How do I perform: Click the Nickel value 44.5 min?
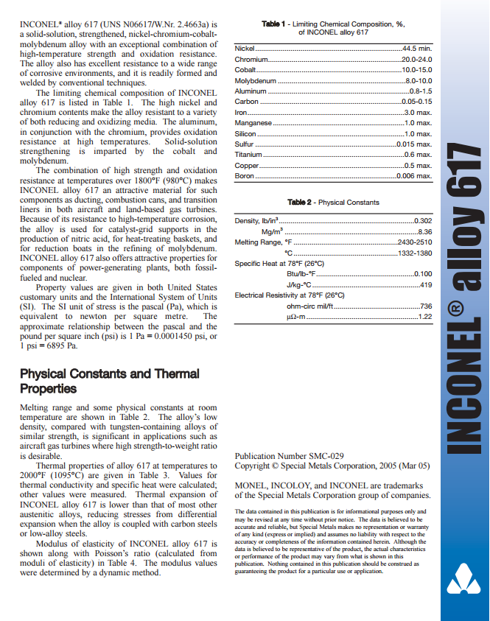click(416, 48)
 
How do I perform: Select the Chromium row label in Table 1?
click(248, 59)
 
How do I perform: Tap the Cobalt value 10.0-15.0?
click(416, 69)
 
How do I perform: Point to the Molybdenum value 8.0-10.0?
click(419, 80)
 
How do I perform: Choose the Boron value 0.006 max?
click(414, 176)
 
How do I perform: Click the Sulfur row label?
click(244, 144)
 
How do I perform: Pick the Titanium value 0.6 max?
click(418, 155)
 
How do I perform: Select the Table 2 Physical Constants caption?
click(333, 202)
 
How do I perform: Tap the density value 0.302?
click(423, 221)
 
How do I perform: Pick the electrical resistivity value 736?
click(425, 306)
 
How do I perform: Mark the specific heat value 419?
click(425, 284)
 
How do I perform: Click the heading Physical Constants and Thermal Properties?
click(109, 381)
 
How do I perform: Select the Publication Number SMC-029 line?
click(289, 456)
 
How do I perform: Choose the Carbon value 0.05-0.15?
click(416, 102)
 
